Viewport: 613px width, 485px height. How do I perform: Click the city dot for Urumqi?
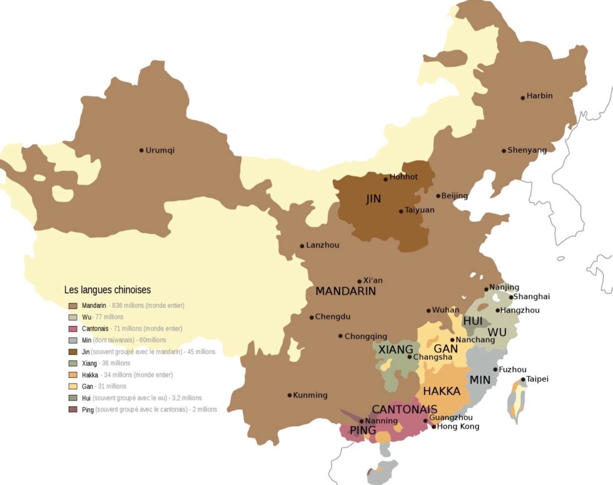[x=141, y=150]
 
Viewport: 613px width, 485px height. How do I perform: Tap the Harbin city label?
[x=540, y=96]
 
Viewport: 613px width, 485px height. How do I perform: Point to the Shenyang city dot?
[x=504, y=151]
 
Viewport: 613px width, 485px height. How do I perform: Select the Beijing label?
[x=455, y=196]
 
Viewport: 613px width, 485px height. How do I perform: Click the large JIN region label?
[x=373, y=200]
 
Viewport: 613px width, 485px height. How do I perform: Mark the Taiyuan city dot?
[x=401, y=211]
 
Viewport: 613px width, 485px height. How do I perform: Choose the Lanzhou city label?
[x=323, y=245]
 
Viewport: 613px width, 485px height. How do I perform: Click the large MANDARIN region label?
[x=345, y=292]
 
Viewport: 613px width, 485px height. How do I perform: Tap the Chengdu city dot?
[x=312, y=317]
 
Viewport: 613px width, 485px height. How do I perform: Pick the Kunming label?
[x=311, y=395]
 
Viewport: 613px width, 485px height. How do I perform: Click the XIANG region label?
[x=395, y=349]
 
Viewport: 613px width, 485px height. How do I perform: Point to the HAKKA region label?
[x=442, y=392]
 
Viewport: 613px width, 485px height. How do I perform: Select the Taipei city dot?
[x=523, y=380]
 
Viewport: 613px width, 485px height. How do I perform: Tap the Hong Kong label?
[x=458, y=427]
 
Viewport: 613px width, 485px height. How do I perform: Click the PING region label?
[x=363, y=431]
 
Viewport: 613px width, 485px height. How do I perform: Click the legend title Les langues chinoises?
[x=108, y=290]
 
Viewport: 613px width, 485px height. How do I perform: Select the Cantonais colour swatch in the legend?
[x=73, y=329]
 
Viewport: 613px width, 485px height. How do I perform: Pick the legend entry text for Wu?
[x=86, y=317]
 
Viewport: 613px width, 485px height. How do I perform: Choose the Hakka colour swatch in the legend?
[x=73, y=375]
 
